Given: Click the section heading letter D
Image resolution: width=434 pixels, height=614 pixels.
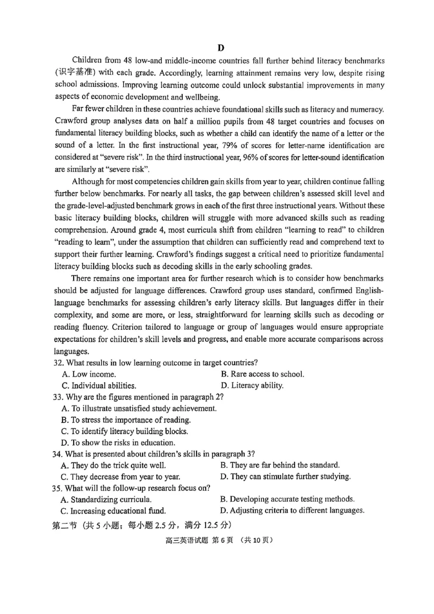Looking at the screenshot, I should (x=221, y=48).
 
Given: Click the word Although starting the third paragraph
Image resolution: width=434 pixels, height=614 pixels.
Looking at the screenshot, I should (x=90, y=181).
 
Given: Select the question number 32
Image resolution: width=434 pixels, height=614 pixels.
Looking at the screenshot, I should (x=59, y=362).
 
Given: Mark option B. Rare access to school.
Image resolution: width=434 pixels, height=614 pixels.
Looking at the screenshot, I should (x=263, y=374).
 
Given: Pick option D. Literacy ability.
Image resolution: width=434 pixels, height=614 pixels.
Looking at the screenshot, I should (x=252, y=386).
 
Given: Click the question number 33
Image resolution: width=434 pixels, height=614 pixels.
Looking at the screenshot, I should (x=59, y=397).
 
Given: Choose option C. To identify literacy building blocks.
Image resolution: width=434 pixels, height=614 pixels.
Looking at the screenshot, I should (x=125, y=431).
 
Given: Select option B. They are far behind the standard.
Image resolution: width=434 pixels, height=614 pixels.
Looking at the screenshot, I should (x=280, y=465).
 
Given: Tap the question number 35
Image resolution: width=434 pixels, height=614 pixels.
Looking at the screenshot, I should (x=59, y=488).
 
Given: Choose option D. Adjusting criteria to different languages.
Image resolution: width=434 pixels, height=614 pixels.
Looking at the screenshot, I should (x=292, y=510).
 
